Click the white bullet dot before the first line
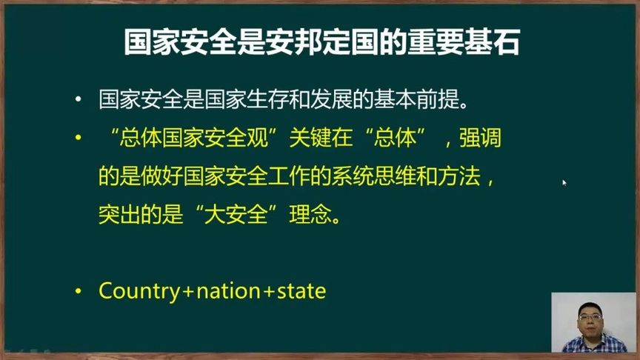point(79,100)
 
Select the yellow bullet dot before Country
point(79,292)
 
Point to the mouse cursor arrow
point(564,181)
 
